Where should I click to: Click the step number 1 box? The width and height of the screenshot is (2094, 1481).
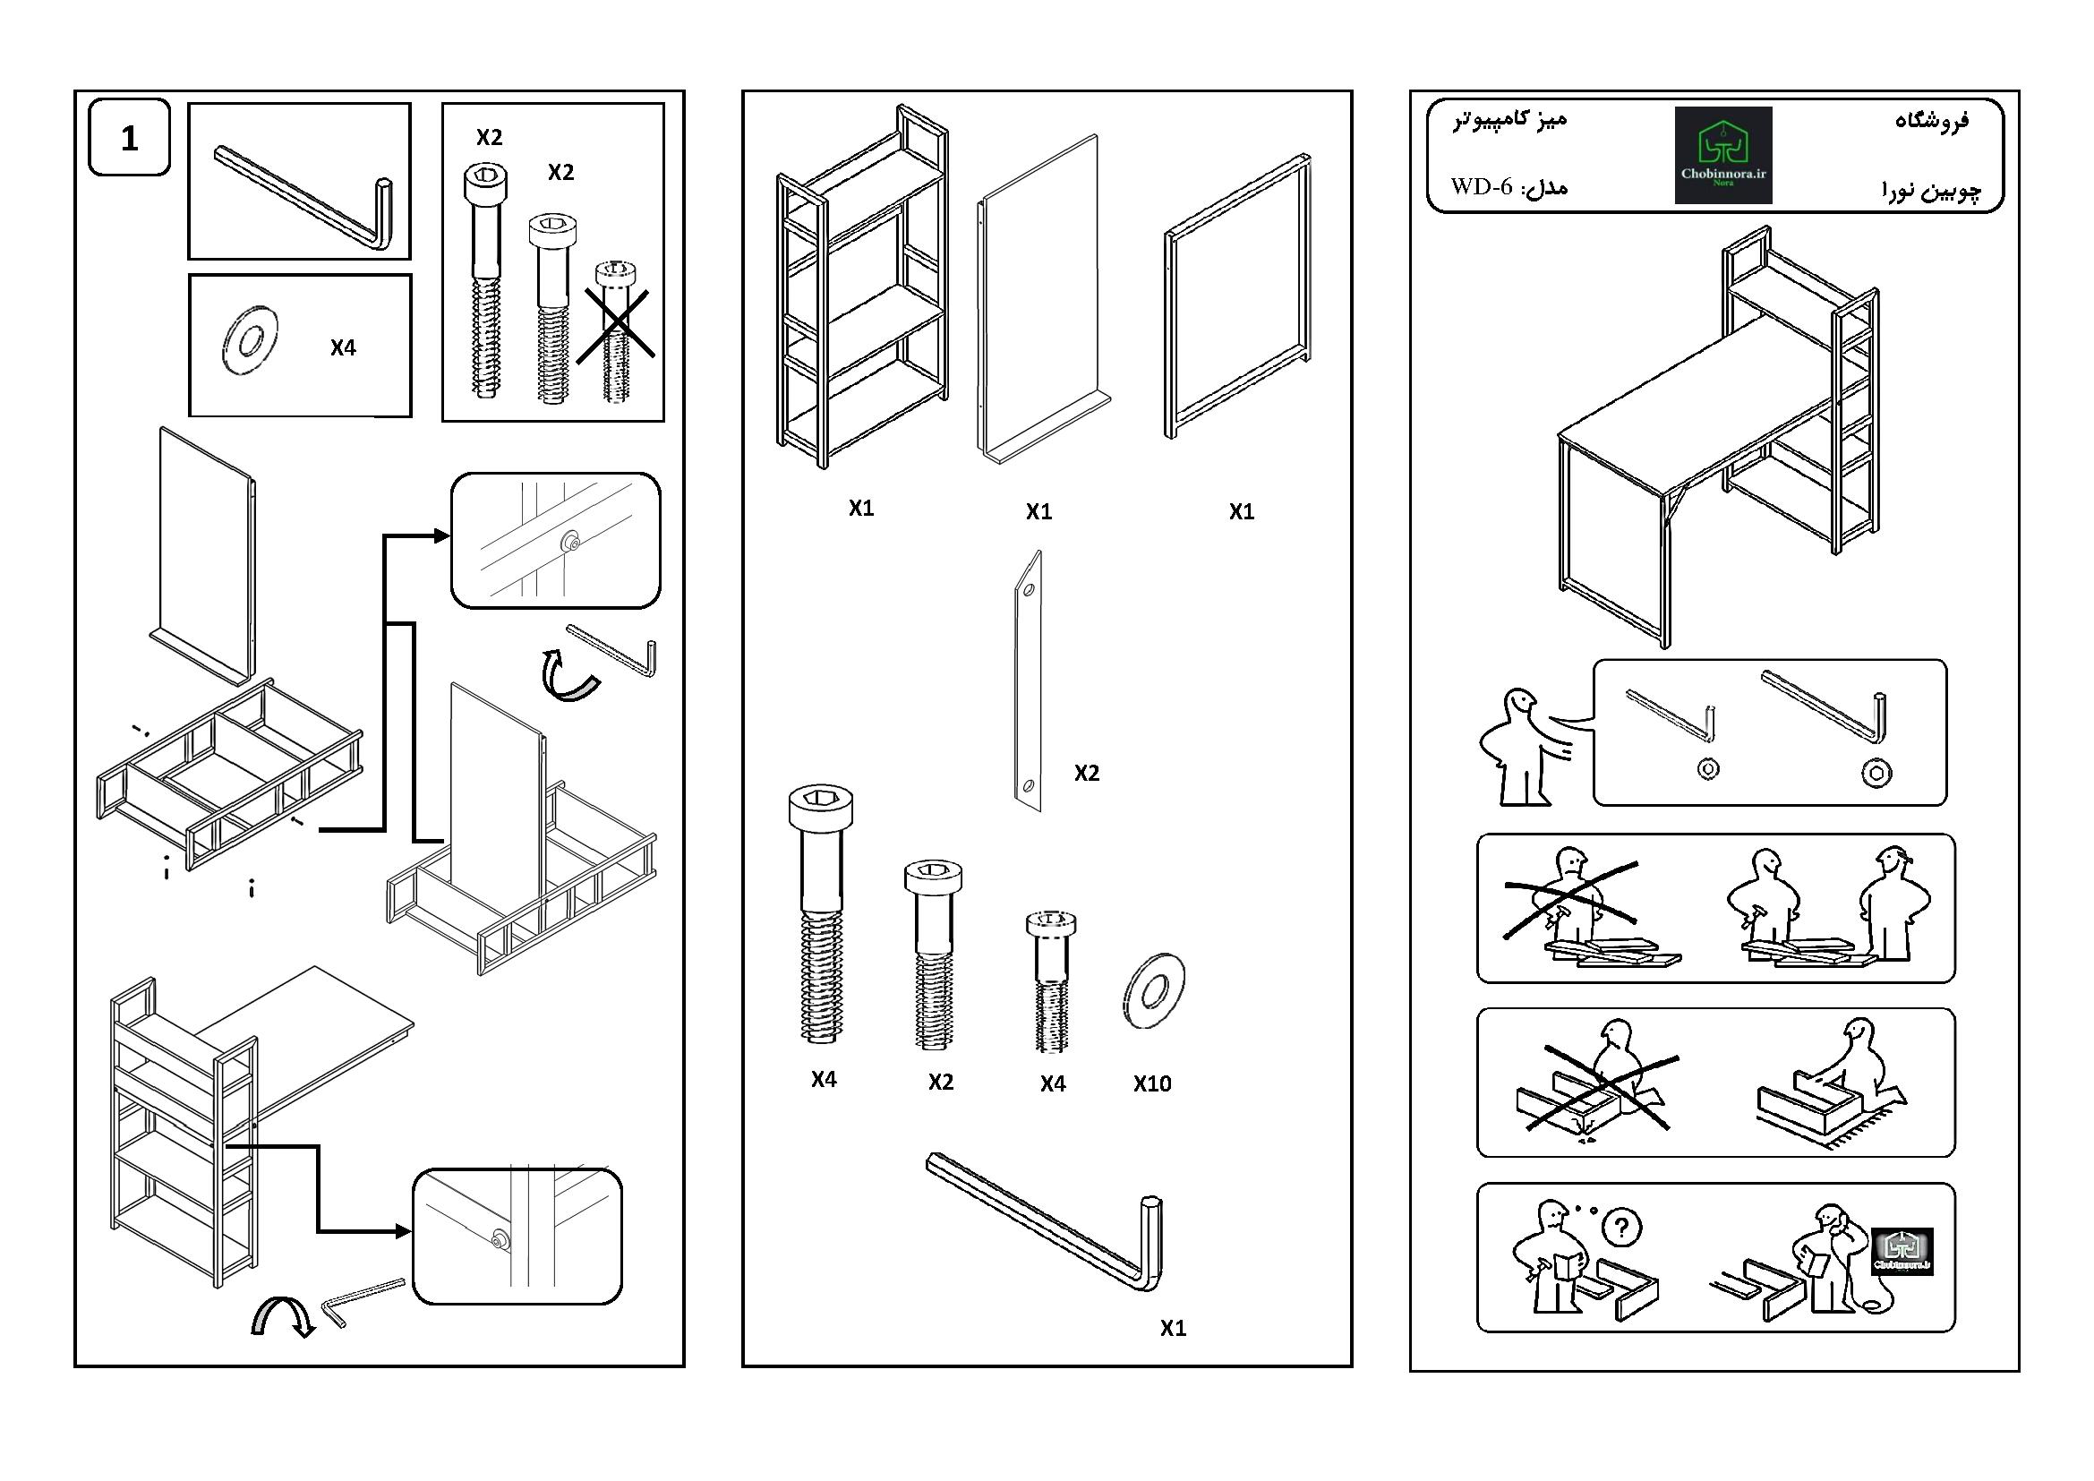click(129, 138)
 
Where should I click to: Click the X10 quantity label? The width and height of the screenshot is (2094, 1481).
click(1152, 1083)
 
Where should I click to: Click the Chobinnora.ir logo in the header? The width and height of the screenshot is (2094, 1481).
click(1722, 155)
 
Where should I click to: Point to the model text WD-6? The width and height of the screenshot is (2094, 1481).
click(1482, 187)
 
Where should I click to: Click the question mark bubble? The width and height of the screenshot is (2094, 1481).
click(1620, 1227)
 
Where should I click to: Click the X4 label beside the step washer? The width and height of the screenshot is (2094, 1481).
click(343, 347)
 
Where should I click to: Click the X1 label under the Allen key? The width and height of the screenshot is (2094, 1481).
click(1173, 1329)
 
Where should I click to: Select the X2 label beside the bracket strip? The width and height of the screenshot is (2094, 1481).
click(1086, 774)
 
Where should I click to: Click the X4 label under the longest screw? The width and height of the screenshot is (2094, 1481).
click(824, 1080)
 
